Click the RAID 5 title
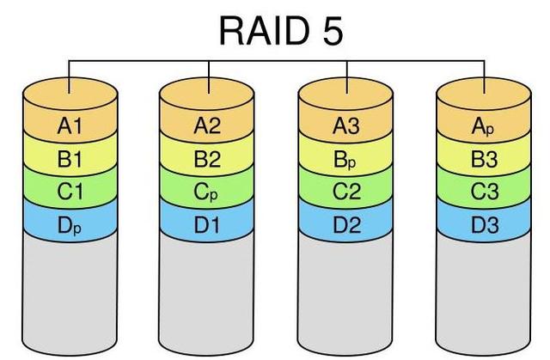click(x=281, y=31)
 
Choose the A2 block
click(x=208, y=126)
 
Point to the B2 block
click(x=208, y=159)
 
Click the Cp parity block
click(x=208, y=192)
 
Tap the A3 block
click(x=346, y=126)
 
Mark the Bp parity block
click(x=346, y=159)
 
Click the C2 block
click(x=346, y=192)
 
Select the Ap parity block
click(x=484, y=126)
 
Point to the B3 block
click(x=484, y=159)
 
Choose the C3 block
click(x=484, y=192)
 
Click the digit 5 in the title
click(x=329, y=31)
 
